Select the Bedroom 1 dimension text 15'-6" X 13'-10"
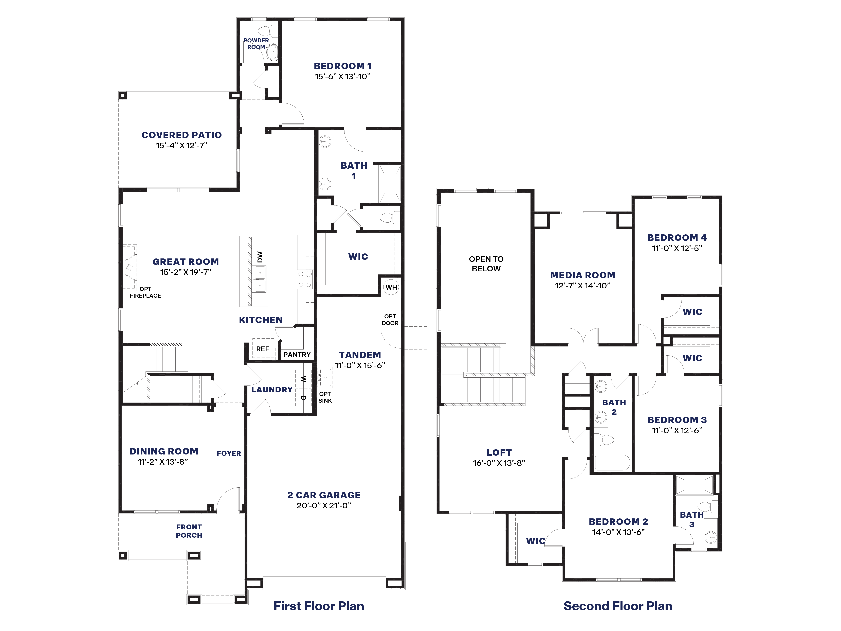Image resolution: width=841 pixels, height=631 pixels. click(342, 76)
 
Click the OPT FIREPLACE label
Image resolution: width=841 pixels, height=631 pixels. click(145, 292)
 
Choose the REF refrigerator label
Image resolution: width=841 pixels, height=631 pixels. click(262, 349)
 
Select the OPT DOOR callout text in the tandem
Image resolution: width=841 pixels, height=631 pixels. click(390, 320)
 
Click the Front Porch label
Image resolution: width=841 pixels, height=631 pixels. click(189, 531)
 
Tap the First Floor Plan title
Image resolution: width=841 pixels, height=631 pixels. click(319, 606)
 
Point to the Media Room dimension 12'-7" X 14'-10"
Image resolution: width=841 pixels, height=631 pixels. click(582, 286)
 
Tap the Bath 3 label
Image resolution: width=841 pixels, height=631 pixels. click(692, 519)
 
